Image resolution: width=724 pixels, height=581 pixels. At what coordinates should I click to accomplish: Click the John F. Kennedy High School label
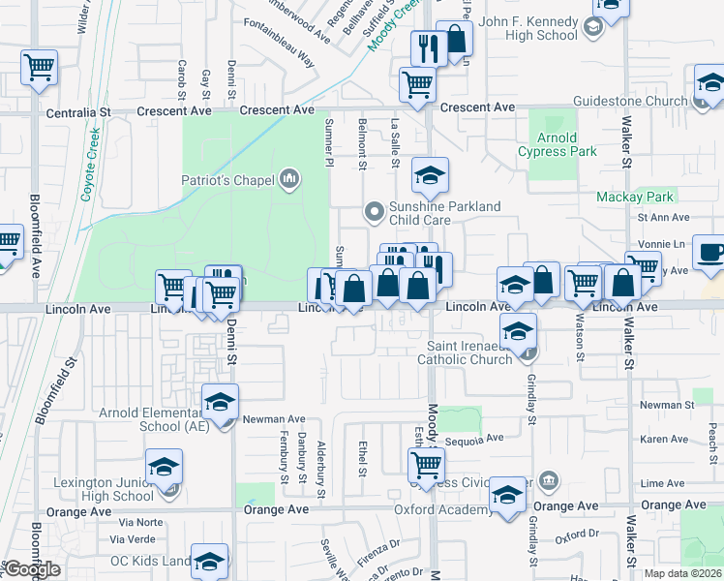tap(528, 29)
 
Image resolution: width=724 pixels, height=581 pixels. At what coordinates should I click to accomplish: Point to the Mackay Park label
tap(633, 197)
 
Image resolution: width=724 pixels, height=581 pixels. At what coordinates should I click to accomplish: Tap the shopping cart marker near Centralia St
tap(40, 67)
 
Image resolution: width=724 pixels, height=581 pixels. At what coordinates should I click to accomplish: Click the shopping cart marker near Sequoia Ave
tap(426, 464)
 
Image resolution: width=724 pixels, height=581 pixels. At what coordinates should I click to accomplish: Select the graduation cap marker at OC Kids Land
tap(210, 560)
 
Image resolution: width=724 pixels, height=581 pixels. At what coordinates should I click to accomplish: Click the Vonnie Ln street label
tap(663, 246)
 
